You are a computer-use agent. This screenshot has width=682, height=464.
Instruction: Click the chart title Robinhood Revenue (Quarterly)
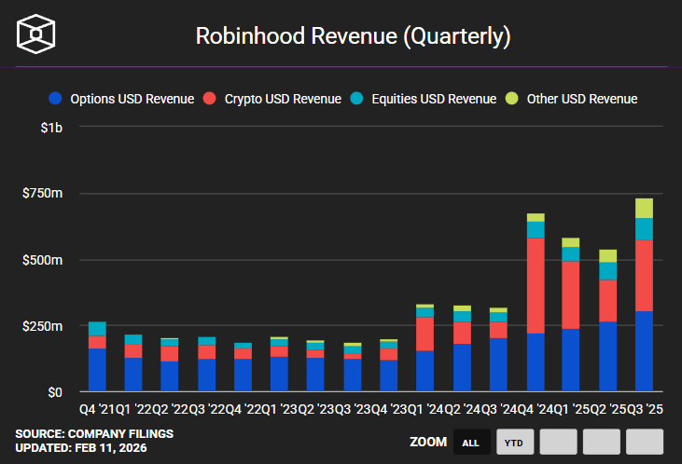click(354, 36)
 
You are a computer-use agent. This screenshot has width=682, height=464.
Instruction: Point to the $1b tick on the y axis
click(51, 127)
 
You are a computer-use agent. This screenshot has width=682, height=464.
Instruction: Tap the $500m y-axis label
click(43, 259)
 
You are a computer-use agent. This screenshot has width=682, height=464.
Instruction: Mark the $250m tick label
click(43, 326)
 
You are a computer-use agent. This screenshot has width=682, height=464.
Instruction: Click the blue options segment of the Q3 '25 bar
click(644, 351)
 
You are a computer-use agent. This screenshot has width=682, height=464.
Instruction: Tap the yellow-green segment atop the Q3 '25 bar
click(644, 208)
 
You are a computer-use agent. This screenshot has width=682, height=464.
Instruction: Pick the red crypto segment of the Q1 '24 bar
click(425, 334)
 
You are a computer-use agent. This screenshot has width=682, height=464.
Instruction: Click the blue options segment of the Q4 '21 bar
click(97, 370)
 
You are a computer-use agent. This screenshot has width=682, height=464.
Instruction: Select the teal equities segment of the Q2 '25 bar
click(607, 270)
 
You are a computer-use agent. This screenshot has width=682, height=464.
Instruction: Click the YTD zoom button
click(514, 443)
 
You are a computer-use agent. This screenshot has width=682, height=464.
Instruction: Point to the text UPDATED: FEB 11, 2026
click(81, 448)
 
